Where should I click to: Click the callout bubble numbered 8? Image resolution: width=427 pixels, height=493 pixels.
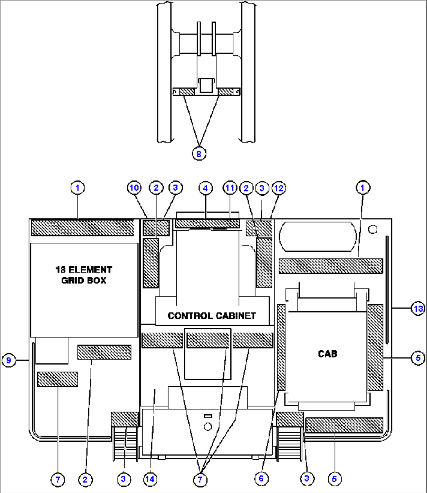click(199, 154)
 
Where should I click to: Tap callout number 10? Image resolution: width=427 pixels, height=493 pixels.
click(134, 188)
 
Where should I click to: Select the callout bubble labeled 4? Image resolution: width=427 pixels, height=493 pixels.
click(205, 188)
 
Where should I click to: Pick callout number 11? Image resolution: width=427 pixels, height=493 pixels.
click(230, 188)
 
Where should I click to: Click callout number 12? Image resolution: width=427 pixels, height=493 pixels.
click(279, 188)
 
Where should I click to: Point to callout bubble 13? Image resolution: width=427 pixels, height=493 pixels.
click(418, 309)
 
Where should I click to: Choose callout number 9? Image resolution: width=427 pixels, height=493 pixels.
click(9, 359)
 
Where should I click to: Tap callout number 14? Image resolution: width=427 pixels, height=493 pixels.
click(150, 479)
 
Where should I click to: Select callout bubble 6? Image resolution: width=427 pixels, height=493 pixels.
click(261, 478)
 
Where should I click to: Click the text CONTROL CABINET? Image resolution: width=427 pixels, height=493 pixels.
click(212, 316)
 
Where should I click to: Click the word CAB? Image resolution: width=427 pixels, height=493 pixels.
click(327, 354)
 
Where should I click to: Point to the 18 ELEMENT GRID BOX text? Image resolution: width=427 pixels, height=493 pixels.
click(84, 275)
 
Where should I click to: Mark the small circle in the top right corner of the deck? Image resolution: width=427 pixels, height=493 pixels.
click(373, 229)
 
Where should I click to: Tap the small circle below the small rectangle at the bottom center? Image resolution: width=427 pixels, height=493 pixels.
click(208, 426)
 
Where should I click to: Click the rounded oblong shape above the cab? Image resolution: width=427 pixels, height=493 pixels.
click(318, 237)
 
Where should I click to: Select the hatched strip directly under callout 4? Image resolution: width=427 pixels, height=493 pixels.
click(207, 224)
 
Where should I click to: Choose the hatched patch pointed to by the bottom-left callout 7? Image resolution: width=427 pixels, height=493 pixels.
click(58, 379)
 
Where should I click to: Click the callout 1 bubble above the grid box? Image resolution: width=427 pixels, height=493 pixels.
click(78, 188)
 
